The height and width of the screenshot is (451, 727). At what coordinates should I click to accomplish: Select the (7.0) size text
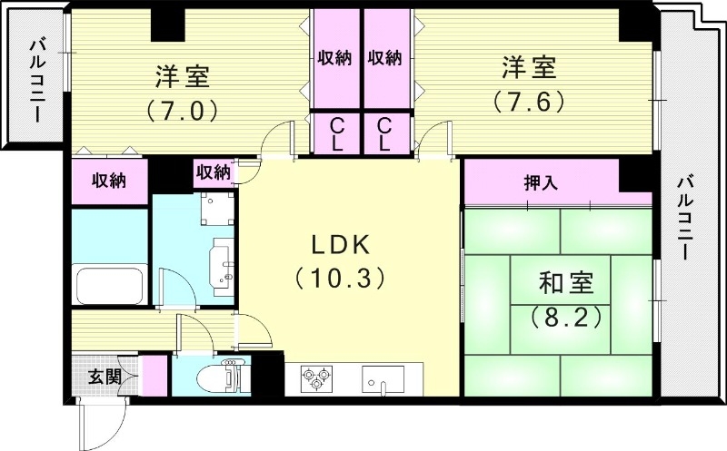click(181, 111)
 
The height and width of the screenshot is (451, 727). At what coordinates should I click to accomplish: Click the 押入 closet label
click(541, 182)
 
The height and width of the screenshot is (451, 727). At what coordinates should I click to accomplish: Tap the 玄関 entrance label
click(104, 376)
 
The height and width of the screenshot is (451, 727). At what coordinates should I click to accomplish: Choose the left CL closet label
click(335, 133)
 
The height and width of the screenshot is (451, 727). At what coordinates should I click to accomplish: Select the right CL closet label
click(384, 133)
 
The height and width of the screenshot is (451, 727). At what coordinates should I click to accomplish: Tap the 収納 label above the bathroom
click(108, 181)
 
